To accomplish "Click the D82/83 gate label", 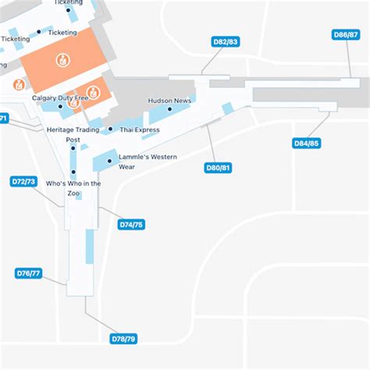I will (x=226, y=41).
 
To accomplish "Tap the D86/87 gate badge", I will (x=346, y=35).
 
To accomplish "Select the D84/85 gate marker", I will (x=306, y=143).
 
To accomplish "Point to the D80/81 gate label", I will (x=218, y=167).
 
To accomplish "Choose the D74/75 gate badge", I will (x=131, y=224).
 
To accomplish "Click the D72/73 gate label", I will (x=23, y=181).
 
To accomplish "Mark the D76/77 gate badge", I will (x=29, y=273).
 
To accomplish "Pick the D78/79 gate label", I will (x=124, y=339).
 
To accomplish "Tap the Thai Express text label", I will (x=140, y=130).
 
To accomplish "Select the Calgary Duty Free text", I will (x=60, y=98).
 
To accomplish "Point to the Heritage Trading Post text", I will (x=73, y=134).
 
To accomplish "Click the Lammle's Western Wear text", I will (x=148, y=162).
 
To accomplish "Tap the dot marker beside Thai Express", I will (x=111, y=130).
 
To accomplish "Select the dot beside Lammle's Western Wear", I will (x=110, y=162).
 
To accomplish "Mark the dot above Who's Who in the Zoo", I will (x=73, y=172).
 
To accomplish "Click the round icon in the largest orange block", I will (x=60, y=59).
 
